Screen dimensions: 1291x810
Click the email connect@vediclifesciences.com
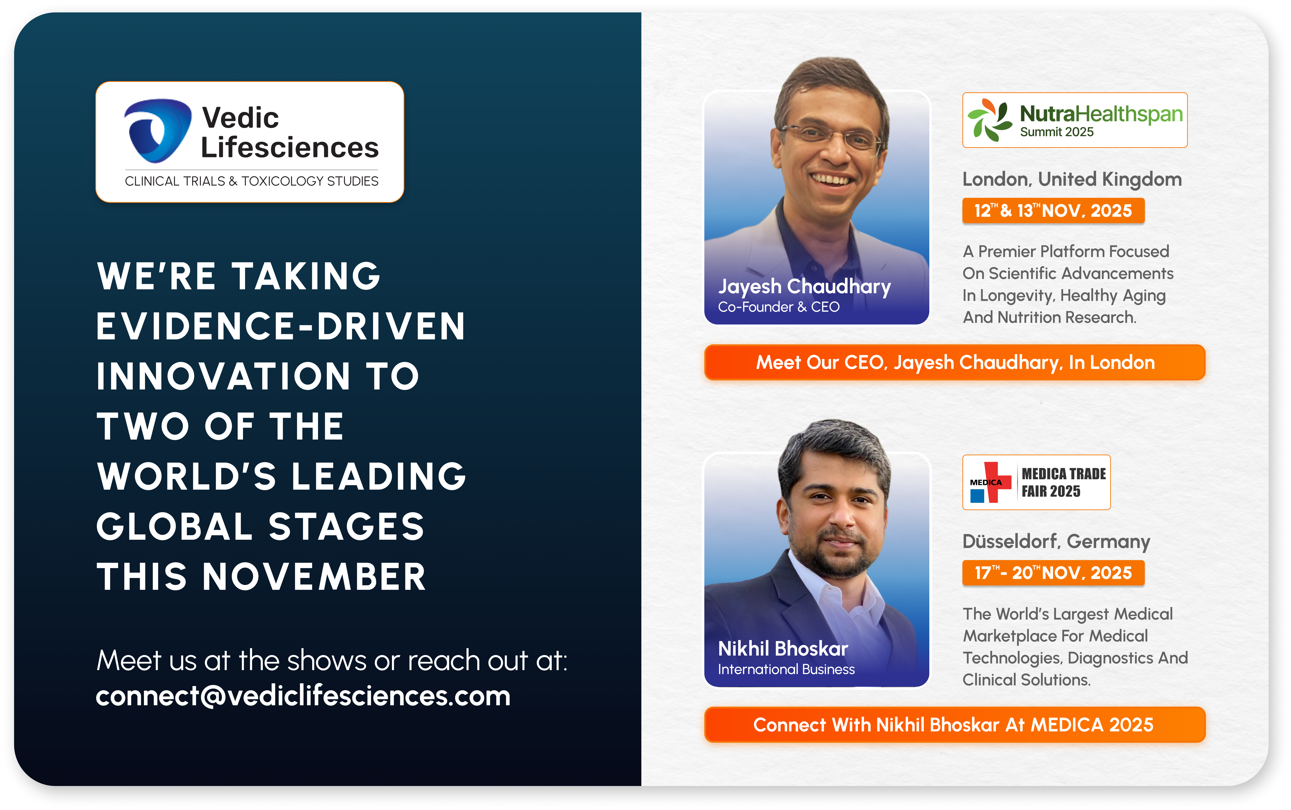coord(303,696)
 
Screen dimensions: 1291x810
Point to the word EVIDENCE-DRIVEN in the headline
coord(281,326)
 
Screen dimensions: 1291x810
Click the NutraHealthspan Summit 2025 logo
coord(1075,120)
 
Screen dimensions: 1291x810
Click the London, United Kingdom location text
coord(1072,179)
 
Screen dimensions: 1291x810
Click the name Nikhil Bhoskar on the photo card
coord(783,649)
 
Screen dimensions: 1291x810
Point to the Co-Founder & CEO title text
coord(778,307)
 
